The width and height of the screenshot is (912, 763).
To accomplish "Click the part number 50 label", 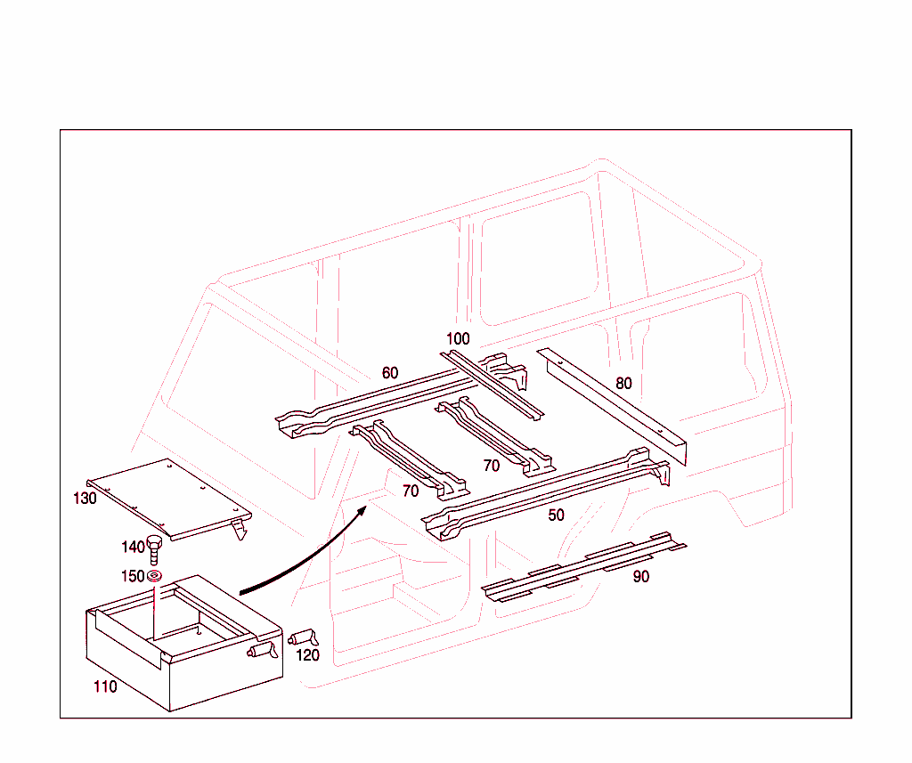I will tap(556, 515).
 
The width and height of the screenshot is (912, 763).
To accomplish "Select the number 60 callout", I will tap(390, 373).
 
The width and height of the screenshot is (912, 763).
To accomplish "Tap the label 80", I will tap(623, 384).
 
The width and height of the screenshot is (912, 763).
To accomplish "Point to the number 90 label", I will tap(641, 577).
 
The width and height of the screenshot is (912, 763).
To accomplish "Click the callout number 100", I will tap(458, 339).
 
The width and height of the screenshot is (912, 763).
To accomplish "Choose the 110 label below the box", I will tap(105, 687).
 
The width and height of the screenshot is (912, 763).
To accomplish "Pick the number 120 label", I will tap(307, 656).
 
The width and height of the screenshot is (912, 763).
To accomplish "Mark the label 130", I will tap(85, 499).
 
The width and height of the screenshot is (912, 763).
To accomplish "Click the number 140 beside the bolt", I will tap(133, 547).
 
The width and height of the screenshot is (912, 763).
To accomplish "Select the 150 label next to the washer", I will tap(132, 576).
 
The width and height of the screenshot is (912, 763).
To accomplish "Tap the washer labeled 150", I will tap(154, 577).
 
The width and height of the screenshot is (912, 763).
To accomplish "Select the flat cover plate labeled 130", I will tap(169, 499).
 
